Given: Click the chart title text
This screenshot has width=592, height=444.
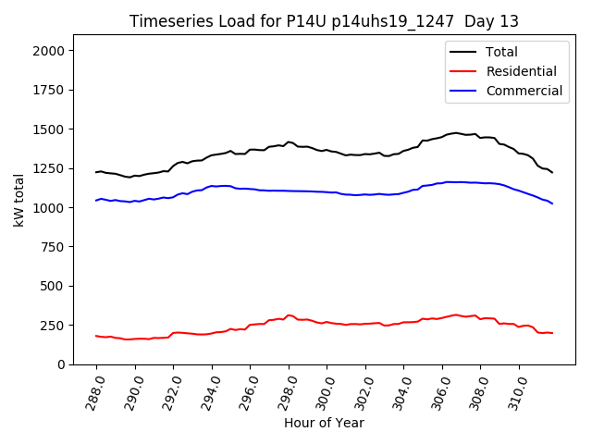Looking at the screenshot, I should coord(324,21).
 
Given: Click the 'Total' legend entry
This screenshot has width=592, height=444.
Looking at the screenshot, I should coord(502,52).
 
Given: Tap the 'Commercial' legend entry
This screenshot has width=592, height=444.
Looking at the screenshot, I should coord(524,91).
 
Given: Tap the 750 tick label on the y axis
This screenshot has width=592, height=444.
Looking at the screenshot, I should coord(53,247).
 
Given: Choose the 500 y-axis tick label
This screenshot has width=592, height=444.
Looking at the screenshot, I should coord(53,286).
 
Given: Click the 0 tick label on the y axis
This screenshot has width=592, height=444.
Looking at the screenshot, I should coord(61,364).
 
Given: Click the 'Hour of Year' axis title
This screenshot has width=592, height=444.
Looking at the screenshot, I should coord(324,423).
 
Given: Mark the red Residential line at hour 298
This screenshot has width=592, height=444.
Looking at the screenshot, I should coord(289,315).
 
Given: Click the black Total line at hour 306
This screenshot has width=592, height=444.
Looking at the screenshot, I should coord(443,134).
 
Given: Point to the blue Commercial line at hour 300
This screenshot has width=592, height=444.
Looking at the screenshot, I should coord(327,191).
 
